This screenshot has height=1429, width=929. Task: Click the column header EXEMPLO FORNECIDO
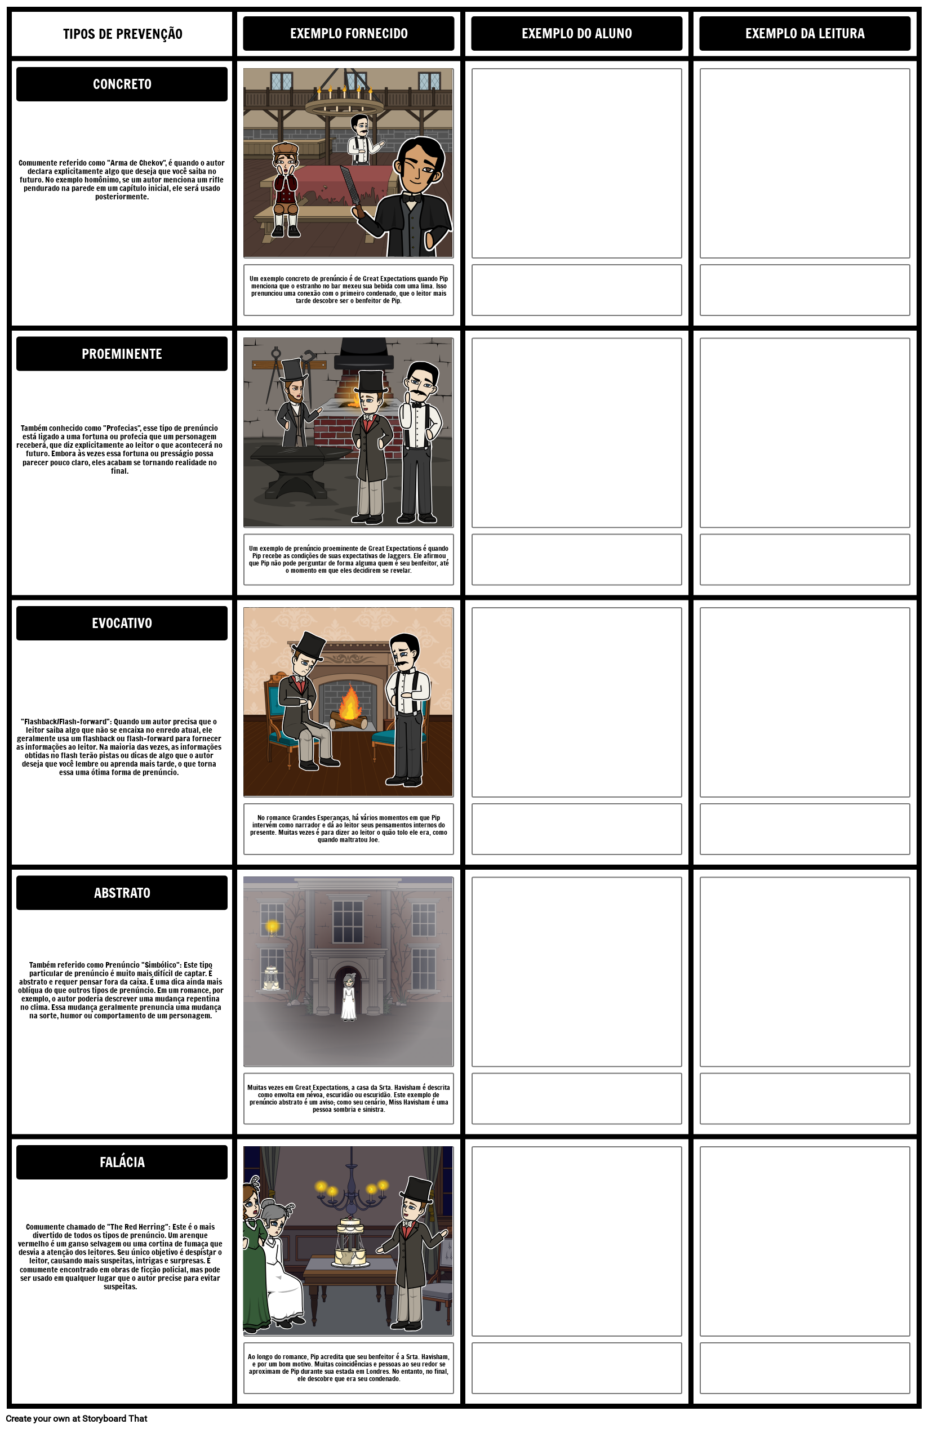348,34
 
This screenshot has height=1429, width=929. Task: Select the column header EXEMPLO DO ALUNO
576,34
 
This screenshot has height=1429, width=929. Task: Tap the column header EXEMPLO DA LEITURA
804,34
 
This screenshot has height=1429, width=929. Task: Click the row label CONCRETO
122,84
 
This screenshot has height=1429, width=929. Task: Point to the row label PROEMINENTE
122,354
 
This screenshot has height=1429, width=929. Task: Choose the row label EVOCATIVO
122,623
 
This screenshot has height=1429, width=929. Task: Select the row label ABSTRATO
122,893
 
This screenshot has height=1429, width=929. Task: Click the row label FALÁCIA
122,1162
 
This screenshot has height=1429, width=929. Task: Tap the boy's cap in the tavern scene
285,148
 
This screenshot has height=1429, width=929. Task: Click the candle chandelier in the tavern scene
344,102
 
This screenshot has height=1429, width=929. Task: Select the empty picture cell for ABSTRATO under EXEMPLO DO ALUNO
576,972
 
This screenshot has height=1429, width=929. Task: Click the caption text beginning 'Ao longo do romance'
348,1367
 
